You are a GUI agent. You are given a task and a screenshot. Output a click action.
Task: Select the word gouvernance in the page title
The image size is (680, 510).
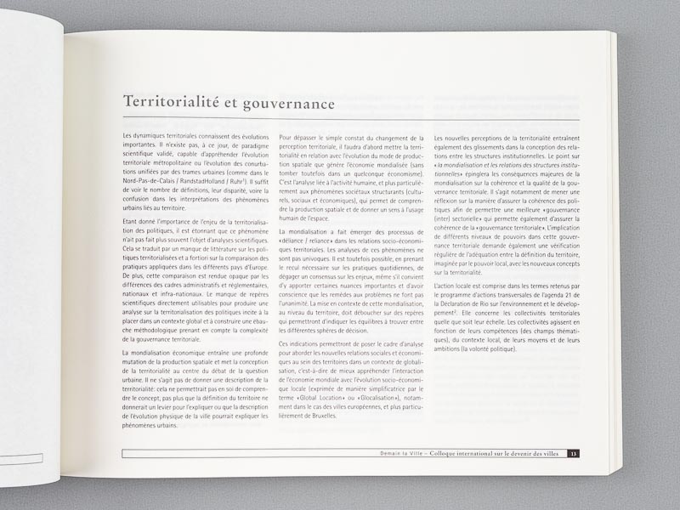pos(286,104)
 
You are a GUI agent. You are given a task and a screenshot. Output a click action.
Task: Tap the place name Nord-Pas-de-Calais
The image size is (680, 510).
pos(147,180)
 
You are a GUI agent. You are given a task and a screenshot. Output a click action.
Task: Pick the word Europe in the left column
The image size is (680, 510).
pos(258,264)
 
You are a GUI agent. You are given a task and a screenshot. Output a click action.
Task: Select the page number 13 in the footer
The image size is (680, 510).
pos(574,454)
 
